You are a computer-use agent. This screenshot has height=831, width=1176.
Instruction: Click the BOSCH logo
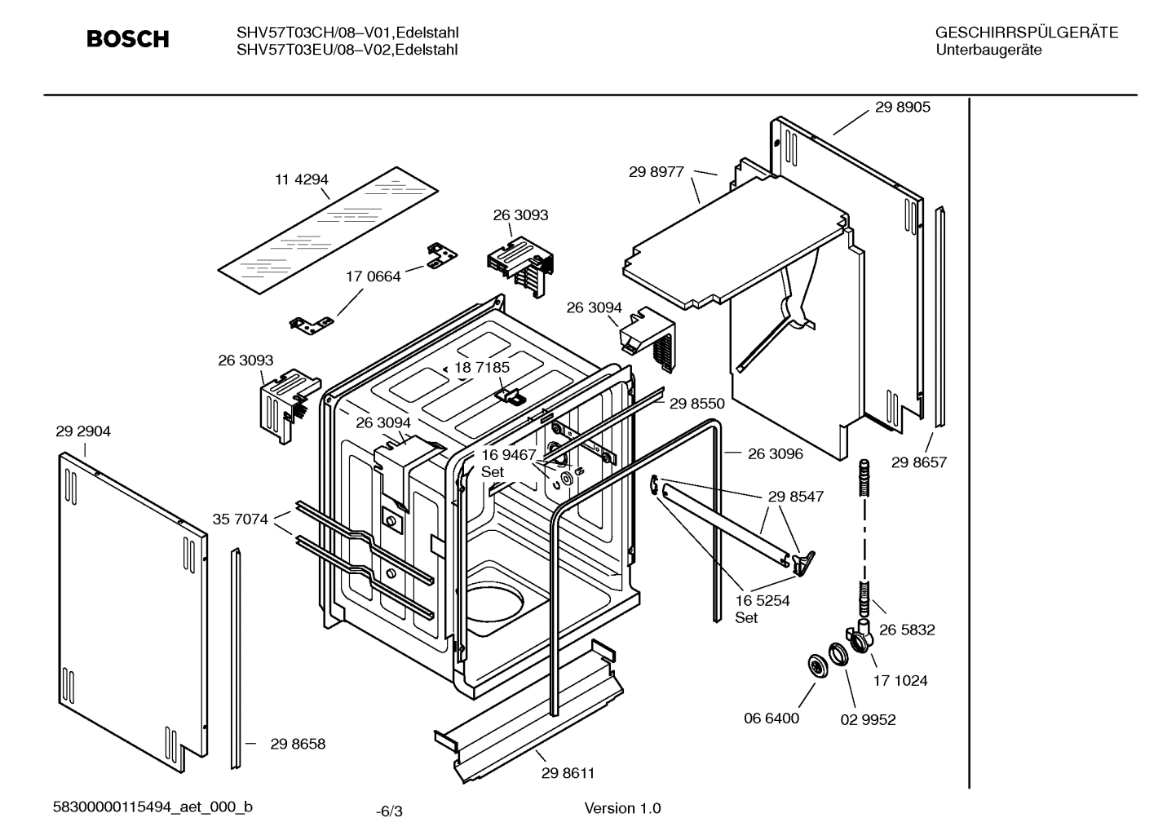[x=128, y=39]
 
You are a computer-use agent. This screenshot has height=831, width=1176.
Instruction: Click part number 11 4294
[x=301, y=179]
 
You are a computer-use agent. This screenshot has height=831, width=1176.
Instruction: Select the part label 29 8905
[x=903, y=107]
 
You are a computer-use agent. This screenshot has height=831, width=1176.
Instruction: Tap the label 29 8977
[x=657, y=172]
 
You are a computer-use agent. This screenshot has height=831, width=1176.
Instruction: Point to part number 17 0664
[x=374, y=276]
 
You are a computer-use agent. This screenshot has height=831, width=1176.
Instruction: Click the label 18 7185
[x=482, y=368]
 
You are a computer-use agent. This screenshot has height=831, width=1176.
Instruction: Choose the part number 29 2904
[x=83, y=431]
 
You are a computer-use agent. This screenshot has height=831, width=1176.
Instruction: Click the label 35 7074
[x=240, y=519]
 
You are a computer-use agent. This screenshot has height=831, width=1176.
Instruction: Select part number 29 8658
[x=298, y=744]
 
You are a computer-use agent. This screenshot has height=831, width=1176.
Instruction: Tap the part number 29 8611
[x=568, y=773]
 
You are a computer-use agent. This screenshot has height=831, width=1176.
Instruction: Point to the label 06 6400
[x=771, y=718]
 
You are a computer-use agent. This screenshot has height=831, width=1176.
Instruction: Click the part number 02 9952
[x=868, y=719]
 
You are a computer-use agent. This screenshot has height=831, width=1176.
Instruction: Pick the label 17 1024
[x=900, y=680]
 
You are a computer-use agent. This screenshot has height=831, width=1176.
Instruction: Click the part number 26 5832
[x=907, y=630]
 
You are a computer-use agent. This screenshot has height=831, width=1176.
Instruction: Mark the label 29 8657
[x=919, y=462]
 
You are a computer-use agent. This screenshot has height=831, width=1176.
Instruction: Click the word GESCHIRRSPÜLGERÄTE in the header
[x=1026, y=33]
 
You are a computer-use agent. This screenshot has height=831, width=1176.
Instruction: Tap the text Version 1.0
[x=622, y=808]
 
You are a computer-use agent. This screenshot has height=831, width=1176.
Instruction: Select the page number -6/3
[x=389, y=811]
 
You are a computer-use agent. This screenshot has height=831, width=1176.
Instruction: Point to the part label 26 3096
[x=776, y=453]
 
